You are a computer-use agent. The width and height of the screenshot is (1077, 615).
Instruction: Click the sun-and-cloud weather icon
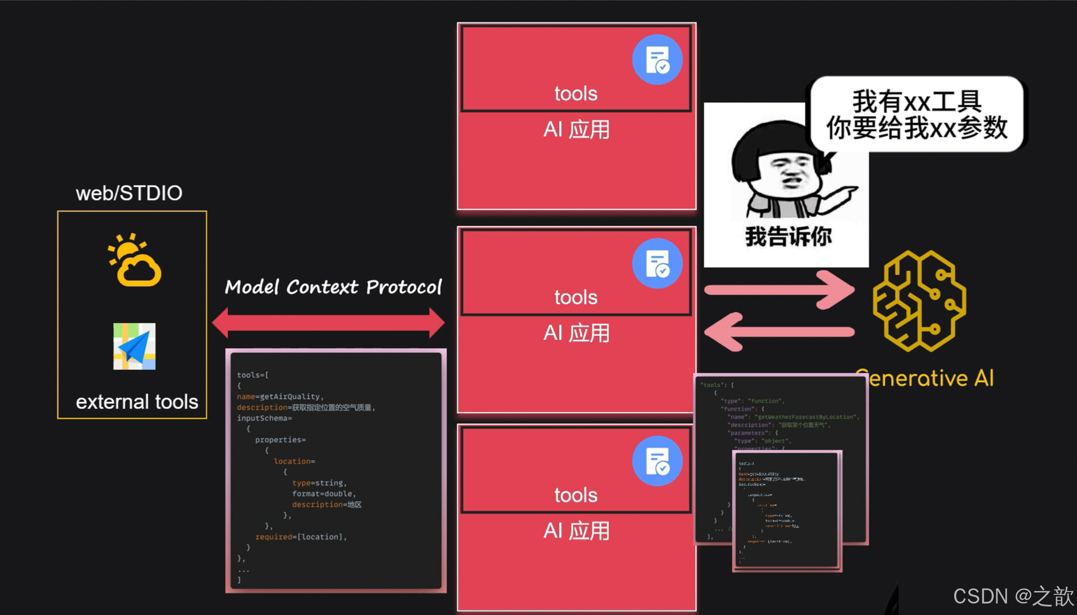tap(134, 260)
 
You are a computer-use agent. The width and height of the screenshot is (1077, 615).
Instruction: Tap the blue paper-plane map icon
tap(134, 346)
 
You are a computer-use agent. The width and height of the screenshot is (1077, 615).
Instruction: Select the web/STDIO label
tap(129, 193)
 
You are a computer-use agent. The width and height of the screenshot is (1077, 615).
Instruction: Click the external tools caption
tap(137, 402)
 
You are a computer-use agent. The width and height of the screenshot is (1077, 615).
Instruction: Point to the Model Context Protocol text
tap(333, 287)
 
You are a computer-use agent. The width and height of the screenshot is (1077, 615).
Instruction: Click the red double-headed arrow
tap(328, 323)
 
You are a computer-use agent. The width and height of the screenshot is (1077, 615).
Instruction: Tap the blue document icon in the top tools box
tap(657, 60)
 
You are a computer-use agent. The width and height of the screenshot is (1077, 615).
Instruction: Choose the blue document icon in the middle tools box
tap(657, 263)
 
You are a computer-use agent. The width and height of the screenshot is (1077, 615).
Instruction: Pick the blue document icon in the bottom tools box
tap(657, 461)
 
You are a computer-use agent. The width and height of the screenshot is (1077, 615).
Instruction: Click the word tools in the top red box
tap(576, 94)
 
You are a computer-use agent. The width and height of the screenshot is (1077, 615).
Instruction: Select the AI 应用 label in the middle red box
tap(576, 333)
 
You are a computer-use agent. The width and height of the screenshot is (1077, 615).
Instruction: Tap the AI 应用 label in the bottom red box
tap(576, 531)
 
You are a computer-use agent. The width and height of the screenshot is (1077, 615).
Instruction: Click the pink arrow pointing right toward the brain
tap(779, 289)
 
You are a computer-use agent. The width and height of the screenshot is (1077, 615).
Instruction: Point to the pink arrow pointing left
tap(779, 332)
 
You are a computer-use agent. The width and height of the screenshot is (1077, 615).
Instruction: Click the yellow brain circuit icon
tap(919, 300)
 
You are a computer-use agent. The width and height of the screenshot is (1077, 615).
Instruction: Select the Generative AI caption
tap(925, 378)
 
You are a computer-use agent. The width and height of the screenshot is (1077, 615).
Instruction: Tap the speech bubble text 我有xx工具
tap(917, 102)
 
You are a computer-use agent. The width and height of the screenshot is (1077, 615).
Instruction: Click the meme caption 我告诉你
tap(788, 236)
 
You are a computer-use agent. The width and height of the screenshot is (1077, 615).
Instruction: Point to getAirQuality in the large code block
tap(290, 397)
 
